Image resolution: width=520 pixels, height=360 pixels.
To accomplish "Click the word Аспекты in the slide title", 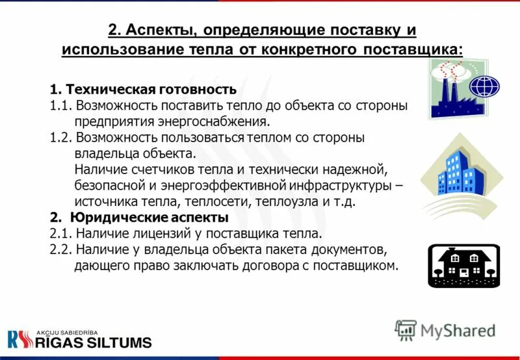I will [x=159, y=31].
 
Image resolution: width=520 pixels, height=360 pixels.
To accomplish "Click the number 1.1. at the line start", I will [x=61, y=105].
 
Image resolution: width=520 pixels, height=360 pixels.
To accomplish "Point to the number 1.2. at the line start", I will [x=61, y=138].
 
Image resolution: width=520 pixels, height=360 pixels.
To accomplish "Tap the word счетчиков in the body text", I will [x=155, y=170].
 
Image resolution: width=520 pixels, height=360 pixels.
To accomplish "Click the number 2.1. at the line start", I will [x=61, y=233].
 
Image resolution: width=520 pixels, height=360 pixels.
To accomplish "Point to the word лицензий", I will [x=156, y=233].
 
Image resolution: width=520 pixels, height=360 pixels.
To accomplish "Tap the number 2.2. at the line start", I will [x=61, y=249].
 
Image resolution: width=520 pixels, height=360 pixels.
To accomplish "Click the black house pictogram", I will [x=463, y=265].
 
